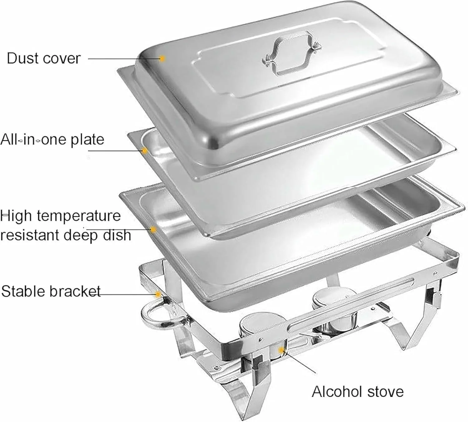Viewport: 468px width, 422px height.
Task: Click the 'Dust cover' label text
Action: click(x=44, y=58)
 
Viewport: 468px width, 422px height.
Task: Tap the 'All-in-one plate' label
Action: click(x=52, y=140)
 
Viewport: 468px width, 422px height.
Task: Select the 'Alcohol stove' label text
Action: click(x=358, y=391)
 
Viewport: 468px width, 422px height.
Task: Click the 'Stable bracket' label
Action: click(x=51, y=291)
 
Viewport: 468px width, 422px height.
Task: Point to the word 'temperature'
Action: click(x=79, y=216)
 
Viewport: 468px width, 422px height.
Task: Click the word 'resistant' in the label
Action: click(x=30, y=235)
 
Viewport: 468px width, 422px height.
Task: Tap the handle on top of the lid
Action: click(x=292, y=54)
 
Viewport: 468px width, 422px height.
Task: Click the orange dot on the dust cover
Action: click(x=162, y=58)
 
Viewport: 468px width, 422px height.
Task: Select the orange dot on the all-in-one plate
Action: click(x=145, y=151)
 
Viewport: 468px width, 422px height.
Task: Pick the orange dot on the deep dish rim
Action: click(x=153, y=230)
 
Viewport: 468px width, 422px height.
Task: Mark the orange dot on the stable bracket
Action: click(x=158, y=294)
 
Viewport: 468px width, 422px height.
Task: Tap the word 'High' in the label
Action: click(x=16, y=216)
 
